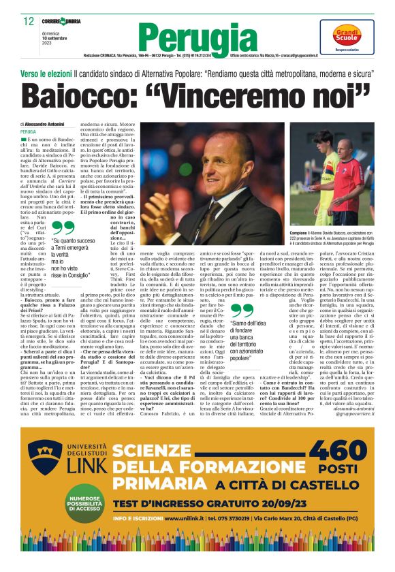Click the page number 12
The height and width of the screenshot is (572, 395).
(x=29, y=21)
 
